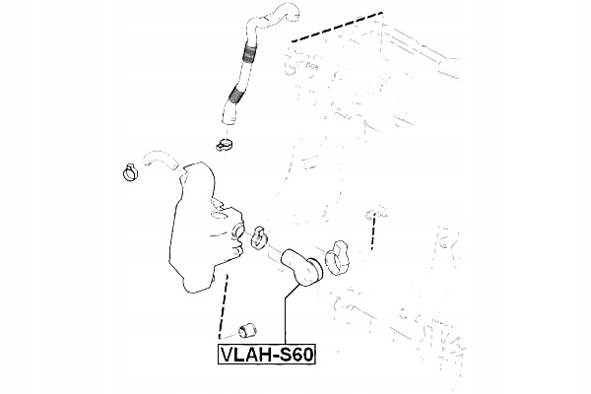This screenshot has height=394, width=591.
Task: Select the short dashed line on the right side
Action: point(373,236)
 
